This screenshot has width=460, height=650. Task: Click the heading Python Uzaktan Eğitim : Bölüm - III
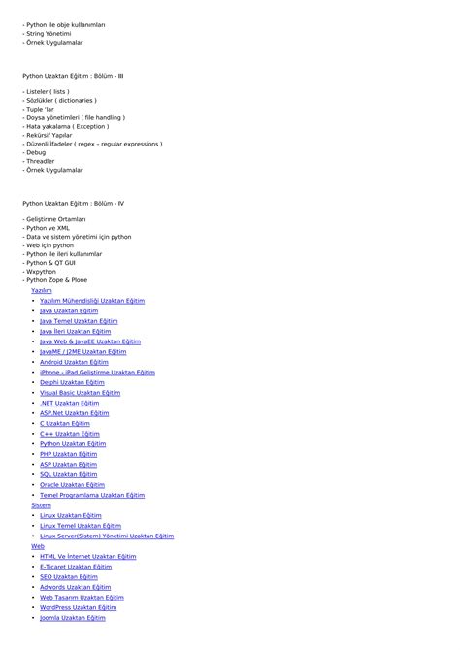(x=73, y=75)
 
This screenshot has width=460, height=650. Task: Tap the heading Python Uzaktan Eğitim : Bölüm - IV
(x=73, y=204)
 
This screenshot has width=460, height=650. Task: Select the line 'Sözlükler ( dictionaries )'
(x=59, y=100)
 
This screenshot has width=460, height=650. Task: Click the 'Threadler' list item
(x=40, y=161)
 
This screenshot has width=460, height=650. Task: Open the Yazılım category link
(x=42, y=290)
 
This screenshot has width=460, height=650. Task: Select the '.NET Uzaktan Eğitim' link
(x=69, y=403)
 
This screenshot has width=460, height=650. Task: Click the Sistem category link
(x=41, y=504)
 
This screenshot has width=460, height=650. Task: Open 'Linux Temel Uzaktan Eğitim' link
(x=80, y=526)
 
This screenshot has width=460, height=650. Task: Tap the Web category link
(x=38, y=546)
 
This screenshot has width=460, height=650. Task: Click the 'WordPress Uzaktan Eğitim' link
(x=79, y=607)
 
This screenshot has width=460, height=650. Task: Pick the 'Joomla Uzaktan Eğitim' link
(x=73, y=618)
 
